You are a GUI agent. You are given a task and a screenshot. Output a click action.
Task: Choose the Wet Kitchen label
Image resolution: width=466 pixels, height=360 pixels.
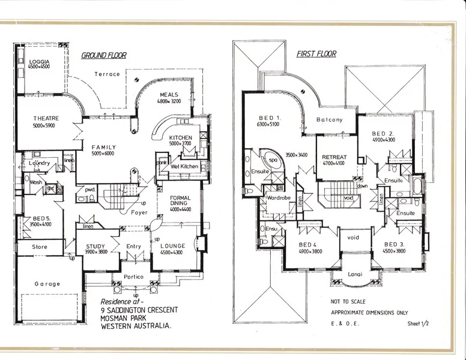coord(184,166)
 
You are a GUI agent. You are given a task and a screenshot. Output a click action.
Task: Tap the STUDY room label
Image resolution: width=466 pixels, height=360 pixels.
coord(95,246)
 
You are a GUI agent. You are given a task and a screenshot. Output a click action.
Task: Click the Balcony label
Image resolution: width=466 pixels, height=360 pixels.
coord(330,120)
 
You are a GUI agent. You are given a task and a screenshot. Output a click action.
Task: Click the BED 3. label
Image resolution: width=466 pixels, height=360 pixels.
coord(393,245)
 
